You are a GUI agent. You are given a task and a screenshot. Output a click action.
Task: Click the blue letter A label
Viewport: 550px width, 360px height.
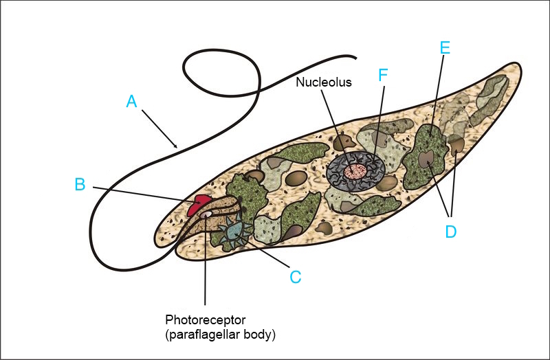132,102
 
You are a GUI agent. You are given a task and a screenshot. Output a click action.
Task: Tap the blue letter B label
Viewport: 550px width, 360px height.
80,184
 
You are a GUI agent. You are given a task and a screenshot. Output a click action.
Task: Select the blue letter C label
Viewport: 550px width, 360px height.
295,276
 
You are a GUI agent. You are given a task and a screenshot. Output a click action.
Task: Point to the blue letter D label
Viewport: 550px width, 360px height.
450,232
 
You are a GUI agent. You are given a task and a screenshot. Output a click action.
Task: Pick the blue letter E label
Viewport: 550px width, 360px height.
445,47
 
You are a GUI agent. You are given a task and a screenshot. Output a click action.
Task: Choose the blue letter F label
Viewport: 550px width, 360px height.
384,76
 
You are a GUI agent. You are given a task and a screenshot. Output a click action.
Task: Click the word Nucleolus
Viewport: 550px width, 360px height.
323,82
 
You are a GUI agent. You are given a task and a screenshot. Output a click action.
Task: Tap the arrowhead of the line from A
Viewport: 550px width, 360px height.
177,146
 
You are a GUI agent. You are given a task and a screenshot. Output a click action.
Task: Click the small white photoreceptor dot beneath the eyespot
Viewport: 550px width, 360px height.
206,215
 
